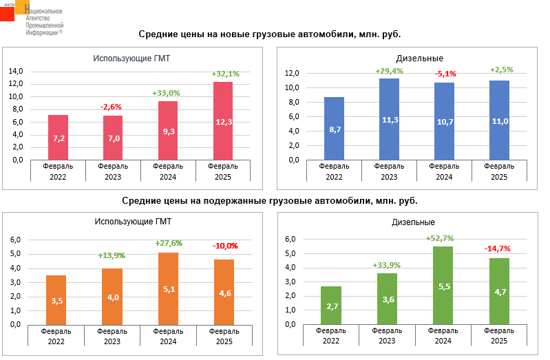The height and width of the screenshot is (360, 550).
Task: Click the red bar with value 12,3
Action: pos(223,121)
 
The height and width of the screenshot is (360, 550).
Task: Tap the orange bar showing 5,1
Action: pos(169,288)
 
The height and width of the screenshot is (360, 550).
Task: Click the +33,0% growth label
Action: pos(166,93)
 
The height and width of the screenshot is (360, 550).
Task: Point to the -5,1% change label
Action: pos(445,74)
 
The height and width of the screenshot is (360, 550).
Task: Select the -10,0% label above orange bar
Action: pos(225,246)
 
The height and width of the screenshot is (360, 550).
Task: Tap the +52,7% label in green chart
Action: pos(441,238)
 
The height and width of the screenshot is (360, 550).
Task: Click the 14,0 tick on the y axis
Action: pos(16,71)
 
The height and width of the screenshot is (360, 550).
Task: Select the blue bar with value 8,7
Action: pos(335,129)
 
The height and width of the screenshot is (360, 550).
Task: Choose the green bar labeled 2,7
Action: pos(331,306)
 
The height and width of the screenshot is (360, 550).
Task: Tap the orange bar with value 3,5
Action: pos(56,300)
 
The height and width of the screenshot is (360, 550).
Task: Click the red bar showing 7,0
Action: pos(113,138)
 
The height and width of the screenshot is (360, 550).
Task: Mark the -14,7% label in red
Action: pos(497,248)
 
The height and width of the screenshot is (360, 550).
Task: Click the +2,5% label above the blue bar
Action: pos(500,70)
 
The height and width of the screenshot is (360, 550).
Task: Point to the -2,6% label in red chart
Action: pos(111,107)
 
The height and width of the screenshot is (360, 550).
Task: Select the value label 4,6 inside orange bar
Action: pos(224,293)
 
